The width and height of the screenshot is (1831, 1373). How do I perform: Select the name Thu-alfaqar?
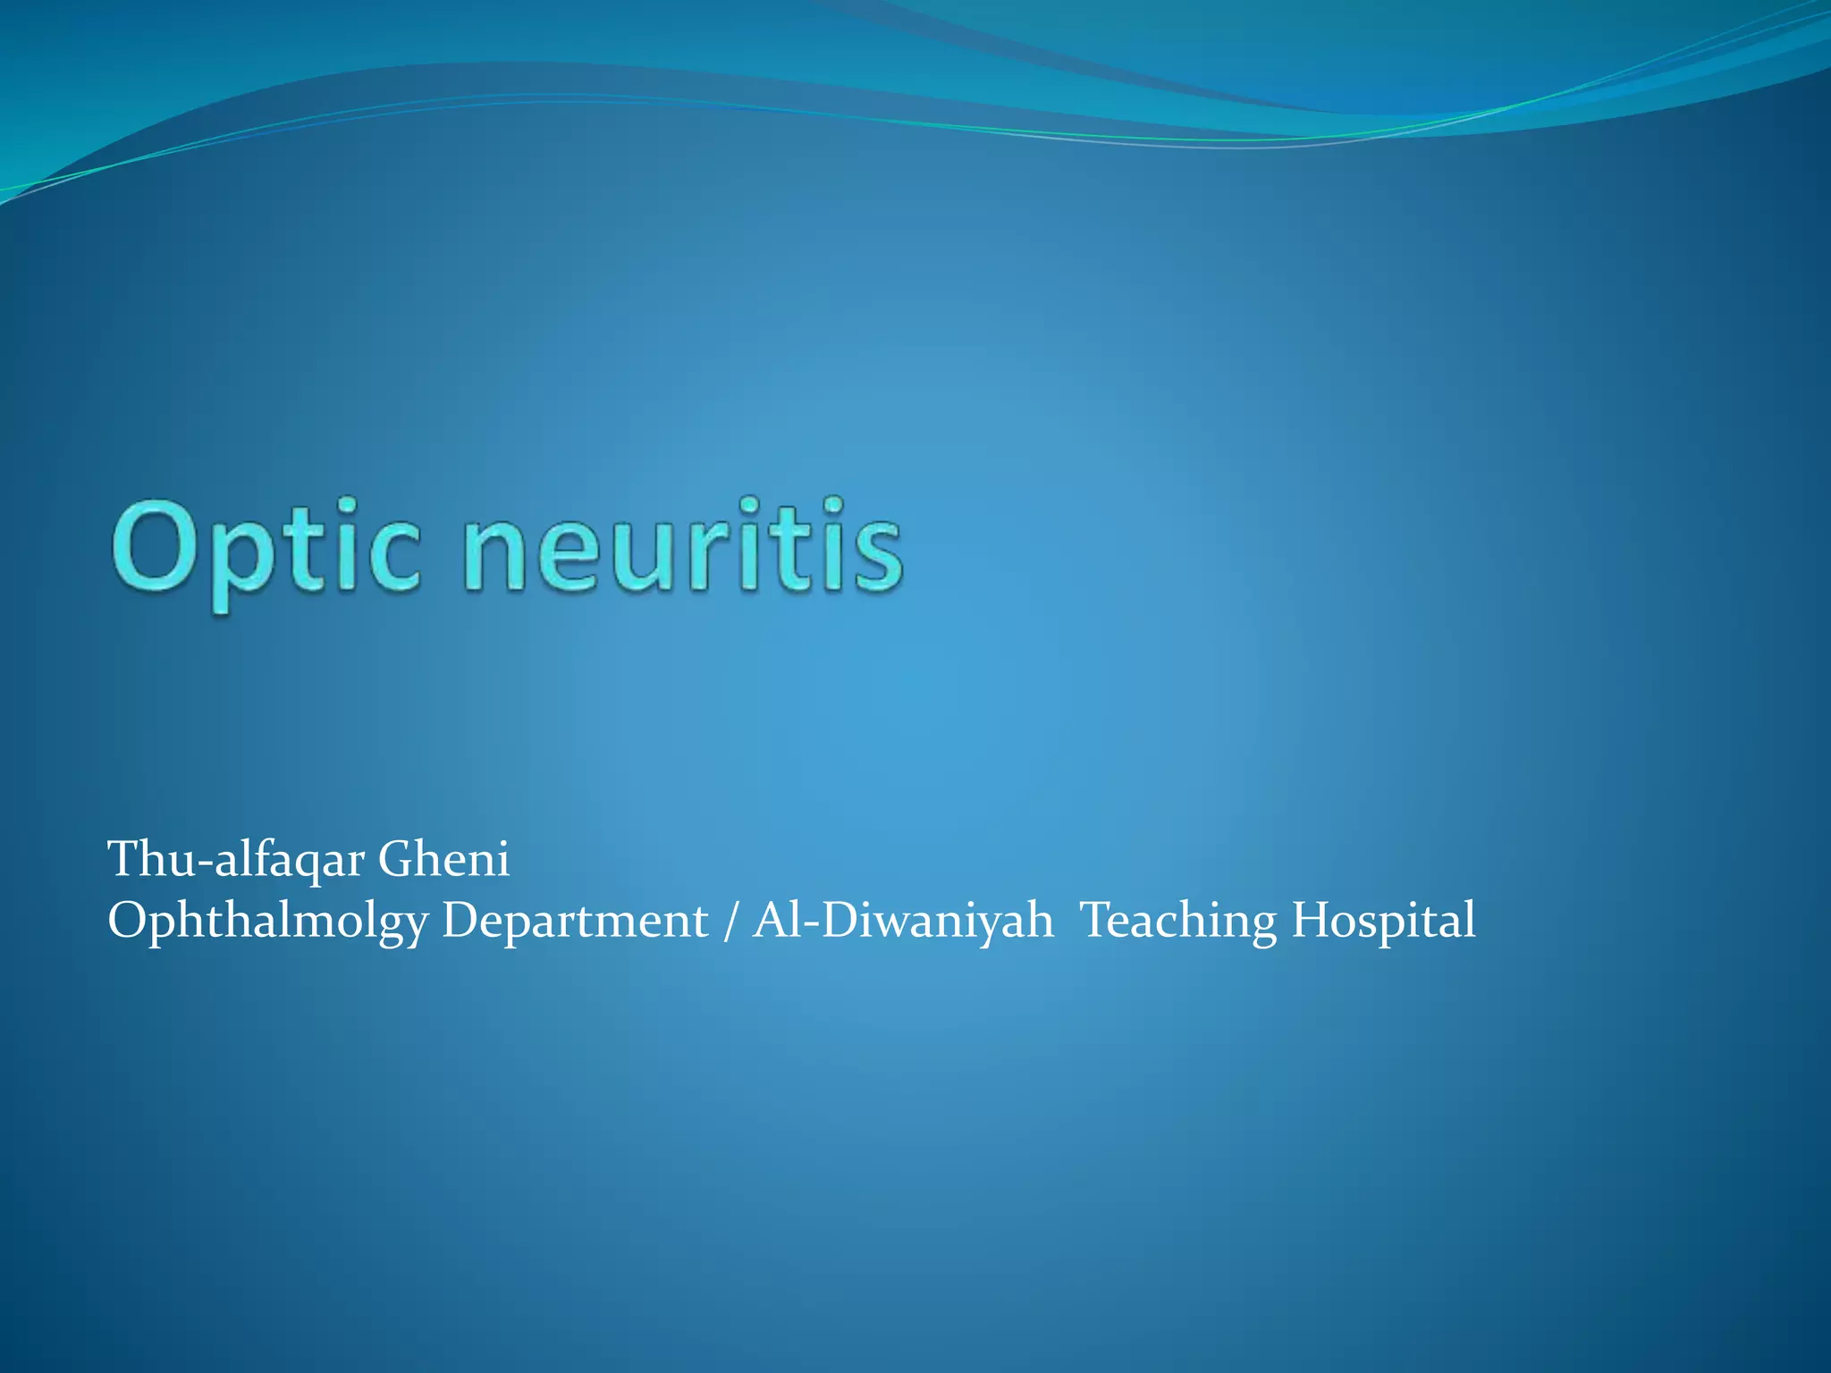236,860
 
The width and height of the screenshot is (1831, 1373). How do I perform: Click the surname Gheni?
443,860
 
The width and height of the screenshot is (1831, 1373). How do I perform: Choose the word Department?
575,921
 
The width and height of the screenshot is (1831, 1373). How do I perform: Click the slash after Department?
731,921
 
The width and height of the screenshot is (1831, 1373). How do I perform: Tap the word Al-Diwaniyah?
903,921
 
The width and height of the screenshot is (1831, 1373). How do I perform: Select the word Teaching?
1178,921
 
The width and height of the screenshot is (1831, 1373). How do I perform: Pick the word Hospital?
1383,921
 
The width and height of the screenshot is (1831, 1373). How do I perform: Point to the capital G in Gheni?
394,860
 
